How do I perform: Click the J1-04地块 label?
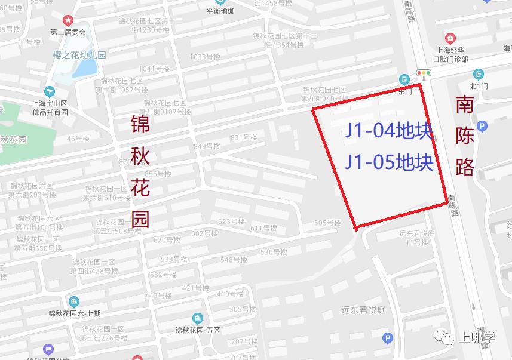(388, 131)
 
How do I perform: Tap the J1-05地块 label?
(388, 162)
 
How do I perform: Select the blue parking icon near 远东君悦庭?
(388, 338)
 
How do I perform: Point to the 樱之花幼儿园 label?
(78, 55)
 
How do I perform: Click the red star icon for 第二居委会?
(68, 21)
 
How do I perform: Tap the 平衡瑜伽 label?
(220, 11)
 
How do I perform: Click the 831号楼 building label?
(244, 137)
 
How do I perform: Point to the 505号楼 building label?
(327, 223)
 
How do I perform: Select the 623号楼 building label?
(232, 221)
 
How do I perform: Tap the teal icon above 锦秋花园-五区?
(197, 319)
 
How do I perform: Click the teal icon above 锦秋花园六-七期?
(74, 301)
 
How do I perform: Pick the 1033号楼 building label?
(205, 57)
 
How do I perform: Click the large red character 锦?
(141, 125)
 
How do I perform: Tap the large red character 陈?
(465, 136)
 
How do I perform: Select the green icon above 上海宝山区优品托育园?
(50, 91)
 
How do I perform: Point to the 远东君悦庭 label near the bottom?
(364, 309)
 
